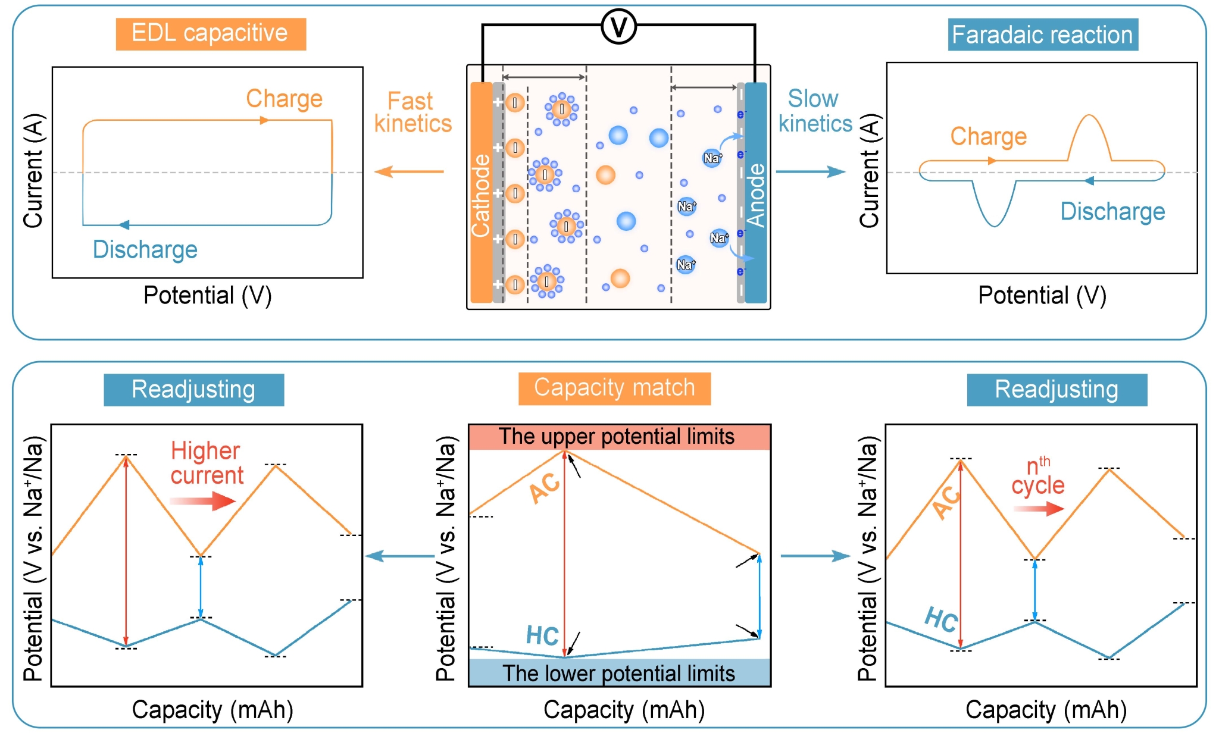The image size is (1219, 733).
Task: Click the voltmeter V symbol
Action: (618, 27)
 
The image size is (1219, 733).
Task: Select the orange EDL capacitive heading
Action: (211, 34)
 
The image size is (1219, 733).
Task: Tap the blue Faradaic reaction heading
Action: (1042, 35)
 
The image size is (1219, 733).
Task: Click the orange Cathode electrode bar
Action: (481, 193)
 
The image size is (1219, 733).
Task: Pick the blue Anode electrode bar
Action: (756, 193)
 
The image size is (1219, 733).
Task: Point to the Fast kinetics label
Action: (412, 112)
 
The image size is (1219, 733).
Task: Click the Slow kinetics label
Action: (815, 111)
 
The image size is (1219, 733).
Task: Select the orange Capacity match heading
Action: (614, 389)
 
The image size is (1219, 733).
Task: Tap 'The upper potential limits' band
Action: (619, 437)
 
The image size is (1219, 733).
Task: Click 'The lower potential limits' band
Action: (619, 674)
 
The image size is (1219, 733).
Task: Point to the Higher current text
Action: (207, 463)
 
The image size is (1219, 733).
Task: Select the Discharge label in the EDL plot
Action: (145, 250)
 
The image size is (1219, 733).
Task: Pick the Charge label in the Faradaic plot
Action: (989, 137)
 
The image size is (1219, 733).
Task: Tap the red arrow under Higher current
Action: (203, 501)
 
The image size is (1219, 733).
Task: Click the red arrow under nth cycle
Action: (1039, 509)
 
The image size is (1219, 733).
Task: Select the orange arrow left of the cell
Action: (409, 172)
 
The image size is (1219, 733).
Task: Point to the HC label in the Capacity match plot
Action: (542, 636)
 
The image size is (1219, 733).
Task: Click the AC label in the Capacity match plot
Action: (545, 488)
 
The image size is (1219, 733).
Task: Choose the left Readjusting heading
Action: (193, 390)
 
